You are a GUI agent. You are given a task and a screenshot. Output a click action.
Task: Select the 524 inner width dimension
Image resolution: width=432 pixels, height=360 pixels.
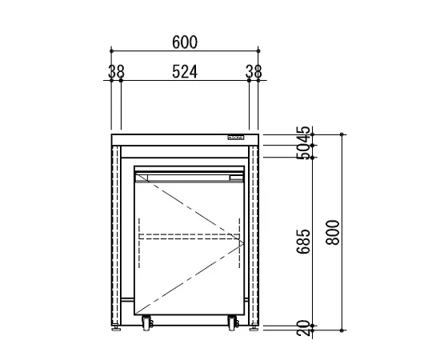pos(184,71)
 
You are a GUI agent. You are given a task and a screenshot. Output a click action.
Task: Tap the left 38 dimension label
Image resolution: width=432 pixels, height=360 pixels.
pos(115,71)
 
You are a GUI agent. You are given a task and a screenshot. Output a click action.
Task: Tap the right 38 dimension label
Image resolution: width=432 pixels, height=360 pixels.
pos(254,71)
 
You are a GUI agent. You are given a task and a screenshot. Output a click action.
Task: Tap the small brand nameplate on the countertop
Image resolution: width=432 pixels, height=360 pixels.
pos(238,138)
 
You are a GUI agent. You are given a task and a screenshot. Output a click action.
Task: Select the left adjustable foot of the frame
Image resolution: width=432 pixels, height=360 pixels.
pos(119,325)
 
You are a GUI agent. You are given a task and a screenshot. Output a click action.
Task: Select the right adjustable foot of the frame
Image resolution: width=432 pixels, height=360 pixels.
pos(253,325)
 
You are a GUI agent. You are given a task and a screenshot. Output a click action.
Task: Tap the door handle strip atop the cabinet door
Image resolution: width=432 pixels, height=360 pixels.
pos(189,174)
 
